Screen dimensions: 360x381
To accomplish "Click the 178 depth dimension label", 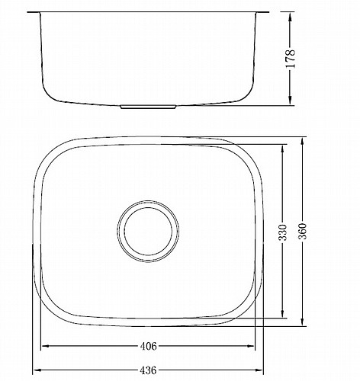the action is coord(291,59).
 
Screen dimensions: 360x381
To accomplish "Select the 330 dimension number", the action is coord(283,232).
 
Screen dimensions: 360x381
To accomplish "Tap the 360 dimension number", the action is coord(303,231).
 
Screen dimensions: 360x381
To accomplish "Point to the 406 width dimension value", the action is coord(149,346).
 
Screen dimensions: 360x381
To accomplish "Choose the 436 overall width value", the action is coord(148,370).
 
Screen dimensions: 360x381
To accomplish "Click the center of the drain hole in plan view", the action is coord(148,231).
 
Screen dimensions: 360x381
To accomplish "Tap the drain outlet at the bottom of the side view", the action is coord(148,107).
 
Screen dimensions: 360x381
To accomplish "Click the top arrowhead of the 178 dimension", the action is coord(291,18).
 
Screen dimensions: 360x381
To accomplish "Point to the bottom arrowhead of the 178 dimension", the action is coord(291,100).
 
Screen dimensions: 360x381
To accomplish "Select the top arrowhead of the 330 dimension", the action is coord(282,149).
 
